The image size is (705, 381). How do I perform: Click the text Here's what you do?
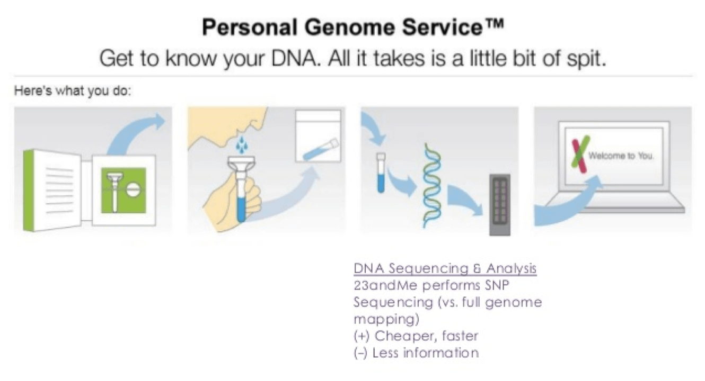(73, 91)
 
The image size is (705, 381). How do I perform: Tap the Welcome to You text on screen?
(621, 157)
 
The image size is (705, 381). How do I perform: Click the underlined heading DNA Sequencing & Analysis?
(445, 269)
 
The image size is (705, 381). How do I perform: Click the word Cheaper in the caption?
(403, 335)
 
